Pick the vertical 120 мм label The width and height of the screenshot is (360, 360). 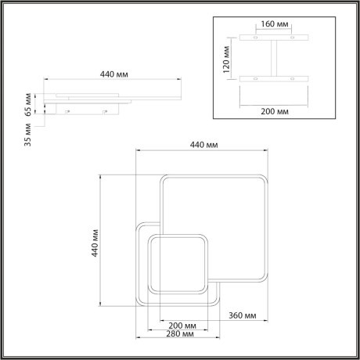(225, 56)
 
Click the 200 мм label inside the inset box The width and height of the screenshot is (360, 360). (272, 112)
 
